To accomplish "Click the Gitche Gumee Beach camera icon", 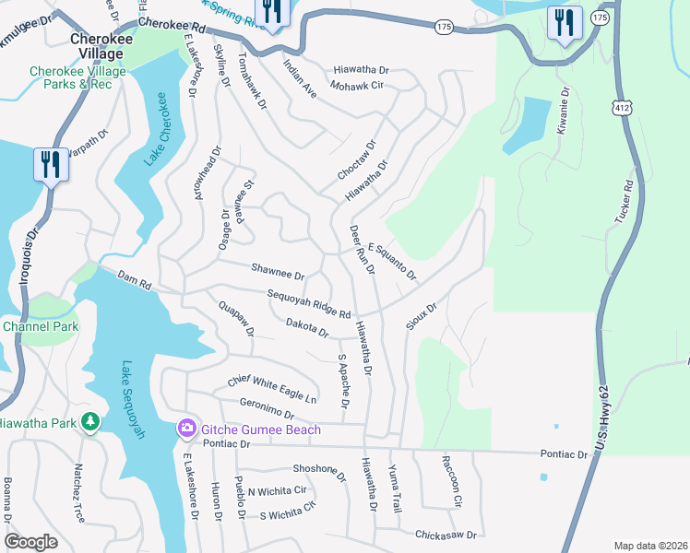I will (x=186, y=429).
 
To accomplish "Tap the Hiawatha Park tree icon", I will (x=89, y=422).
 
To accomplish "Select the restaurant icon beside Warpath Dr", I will (x=50, y=165).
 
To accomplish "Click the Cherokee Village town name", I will (x=96, y=46).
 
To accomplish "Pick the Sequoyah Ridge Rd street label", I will (x=308, y=304).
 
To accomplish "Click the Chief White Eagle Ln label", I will (x=272, y=389).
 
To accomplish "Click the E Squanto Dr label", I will (x=392, y=262).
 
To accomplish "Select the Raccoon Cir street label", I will (x=450, y=480).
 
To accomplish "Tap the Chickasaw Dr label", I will (x=446, y=534).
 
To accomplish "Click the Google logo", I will (x=30, y=542).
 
